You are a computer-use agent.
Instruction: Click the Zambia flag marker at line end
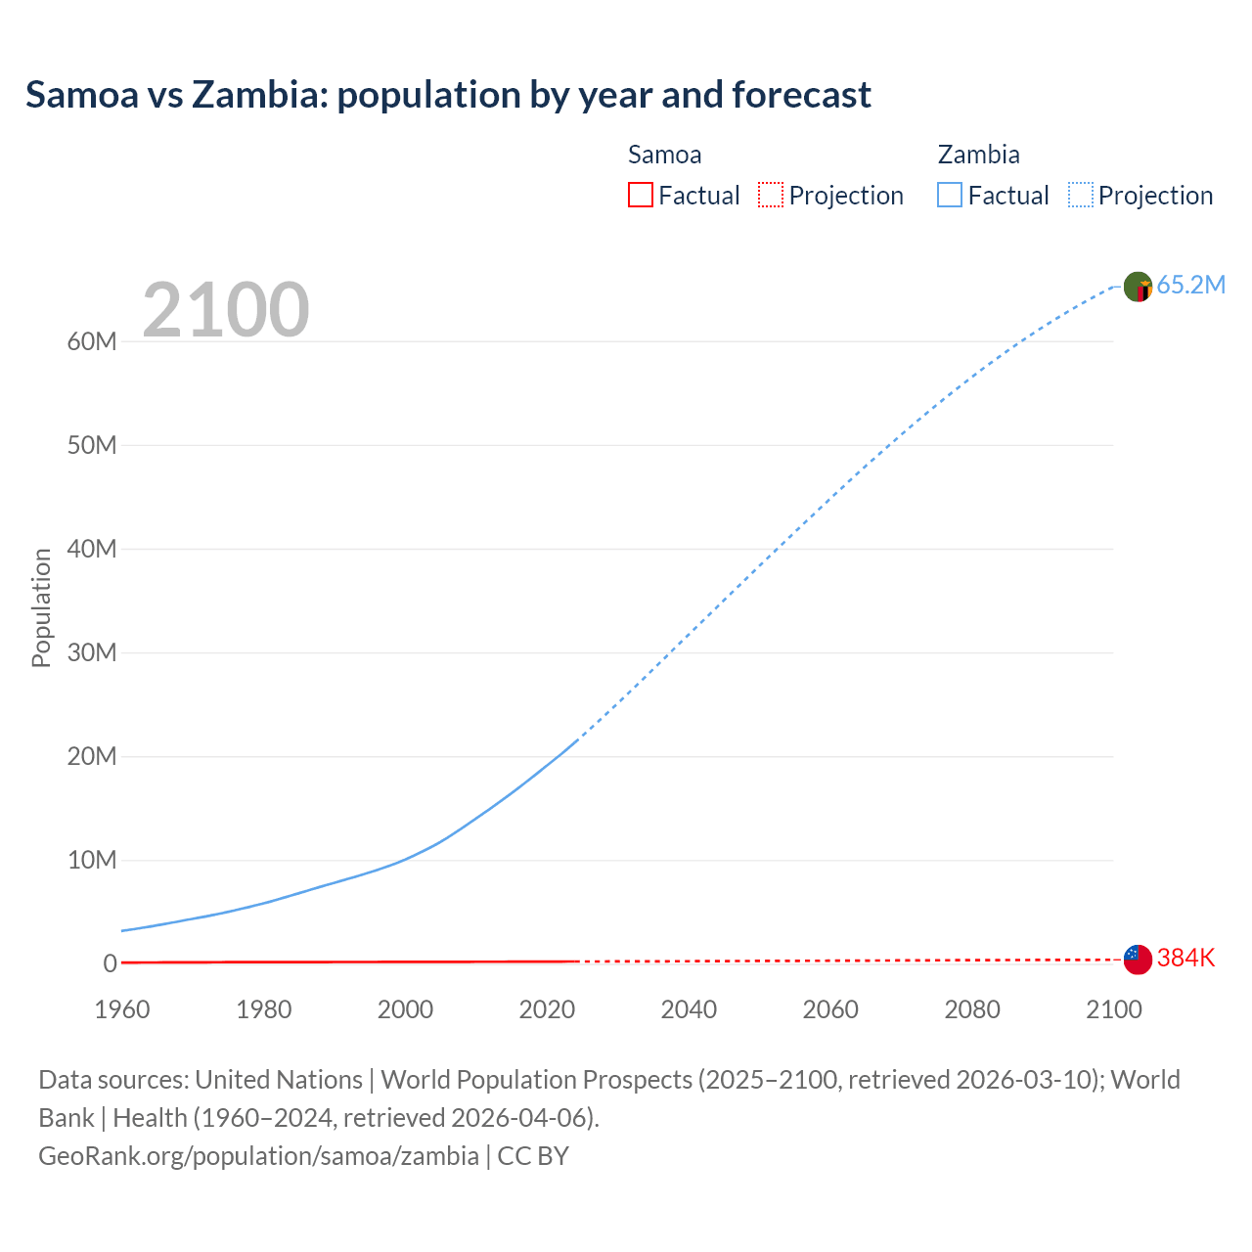1138,287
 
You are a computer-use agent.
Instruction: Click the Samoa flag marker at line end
1138,960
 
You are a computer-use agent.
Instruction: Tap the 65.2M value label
1190,285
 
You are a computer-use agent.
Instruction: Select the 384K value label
1185,958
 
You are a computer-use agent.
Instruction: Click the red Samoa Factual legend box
640,195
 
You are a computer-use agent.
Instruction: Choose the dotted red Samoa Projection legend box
771,195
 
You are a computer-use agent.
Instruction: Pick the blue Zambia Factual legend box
950,195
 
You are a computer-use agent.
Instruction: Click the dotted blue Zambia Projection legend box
1081,195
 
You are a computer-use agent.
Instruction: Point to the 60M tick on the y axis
92,341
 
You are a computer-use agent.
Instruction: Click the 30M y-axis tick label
92,652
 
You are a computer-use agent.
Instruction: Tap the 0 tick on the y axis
110,963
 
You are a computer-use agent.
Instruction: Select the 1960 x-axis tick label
122,1009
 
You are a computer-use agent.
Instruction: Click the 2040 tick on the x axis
689,1009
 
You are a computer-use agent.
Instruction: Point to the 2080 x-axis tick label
972,1009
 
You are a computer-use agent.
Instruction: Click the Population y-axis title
41,607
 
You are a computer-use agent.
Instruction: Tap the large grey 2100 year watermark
226,310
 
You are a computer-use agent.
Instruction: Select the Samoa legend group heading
664,155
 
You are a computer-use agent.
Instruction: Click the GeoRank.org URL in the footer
258,1155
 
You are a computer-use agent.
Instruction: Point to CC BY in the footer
533,1155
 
